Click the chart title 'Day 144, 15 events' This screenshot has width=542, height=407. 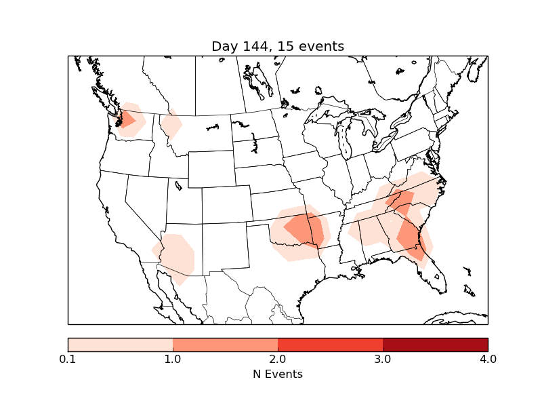point(278,46)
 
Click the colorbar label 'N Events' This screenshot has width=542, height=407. point(278,374)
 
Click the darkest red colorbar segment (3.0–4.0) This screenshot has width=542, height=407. point(435,345)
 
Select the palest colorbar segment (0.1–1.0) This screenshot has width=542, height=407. point(120,345)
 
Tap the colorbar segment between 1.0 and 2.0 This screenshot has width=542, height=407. point(225,345)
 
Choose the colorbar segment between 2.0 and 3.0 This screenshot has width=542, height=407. point(330,345)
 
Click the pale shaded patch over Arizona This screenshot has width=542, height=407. point(175,256)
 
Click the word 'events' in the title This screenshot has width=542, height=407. point(322,46)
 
